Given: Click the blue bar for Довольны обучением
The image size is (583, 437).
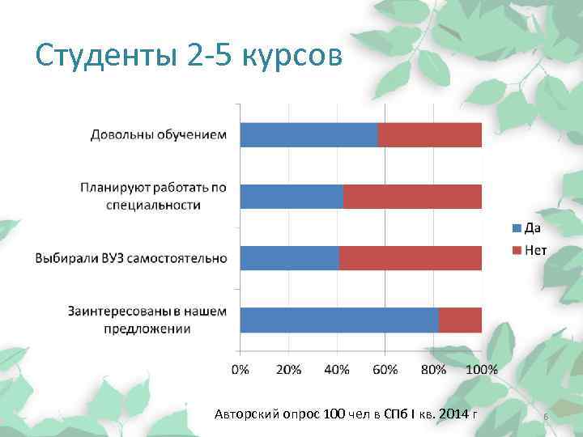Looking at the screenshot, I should click(309, 135).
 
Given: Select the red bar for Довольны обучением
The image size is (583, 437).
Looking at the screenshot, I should click(430, 135).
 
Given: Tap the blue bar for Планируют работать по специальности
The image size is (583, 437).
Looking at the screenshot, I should click(291, 197).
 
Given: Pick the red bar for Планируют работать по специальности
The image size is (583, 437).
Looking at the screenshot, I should click(413, 197).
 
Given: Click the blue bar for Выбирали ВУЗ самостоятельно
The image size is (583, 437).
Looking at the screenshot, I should click(289, 258).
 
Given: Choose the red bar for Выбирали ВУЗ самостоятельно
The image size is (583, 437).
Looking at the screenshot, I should click(411, 258).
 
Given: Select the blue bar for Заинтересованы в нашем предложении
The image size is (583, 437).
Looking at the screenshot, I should click(339, 320).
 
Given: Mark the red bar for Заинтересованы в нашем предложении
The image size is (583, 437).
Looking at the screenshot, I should click(460, 320).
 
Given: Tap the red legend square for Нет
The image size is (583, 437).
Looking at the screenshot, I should click(515, 250).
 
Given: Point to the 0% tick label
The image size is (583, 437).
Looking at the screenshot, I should click(240, 370).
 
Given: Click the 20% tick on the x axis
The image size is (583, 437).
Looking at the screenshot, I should click(289, 370).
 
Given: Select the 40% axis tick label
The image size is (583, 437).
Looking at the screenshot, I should click(337, 370).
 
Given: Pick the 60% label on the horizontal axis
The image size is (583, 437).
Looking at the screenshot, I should click(385, 370).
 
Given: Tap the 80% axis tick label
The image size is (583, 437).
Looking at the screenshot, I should click(434, 370).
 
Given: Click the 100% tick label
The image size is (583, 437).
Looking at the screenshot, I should click(483, 370).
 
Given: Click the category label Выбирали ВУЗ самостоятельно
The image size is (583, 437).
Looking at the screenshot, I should click(130, 259).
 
